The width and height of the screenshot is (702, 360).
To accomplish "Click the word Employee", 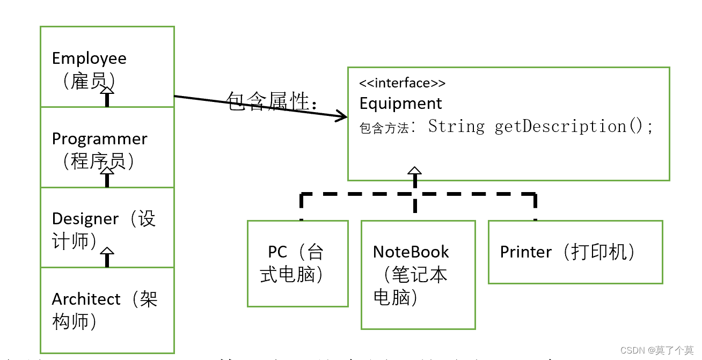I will [x=89, y=58].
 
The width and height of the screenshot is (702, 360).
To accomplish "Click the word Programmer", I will [x=99, y=138].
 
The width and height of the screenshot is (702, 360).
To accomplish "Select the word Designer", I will [x=85, y=218].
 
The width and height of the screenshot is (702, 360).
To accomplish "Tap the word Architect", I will [x=86, y=299].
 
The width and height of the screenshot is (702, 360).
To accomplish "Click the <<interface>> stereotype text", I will [x=402, y=83].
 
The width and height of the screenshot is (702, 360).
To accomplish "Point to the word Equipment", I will [x=400, y=103].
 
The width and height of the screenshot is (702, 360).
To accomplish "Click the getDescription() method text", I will [x=573, y=127].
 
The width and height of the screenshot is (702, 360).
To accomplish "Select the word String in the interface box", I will [x=456, y=127].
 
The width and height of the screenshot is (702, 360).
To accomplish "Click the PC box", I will [x=297, y=263].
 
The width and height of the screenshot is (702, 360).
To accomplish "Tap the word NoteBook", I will [x=411, y=252].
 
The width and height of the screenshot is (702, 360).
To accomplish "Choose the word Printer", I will [x=525, y=252].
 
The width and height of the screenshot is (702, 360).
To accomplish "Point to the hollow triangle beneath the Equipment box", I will [x=414, y=172].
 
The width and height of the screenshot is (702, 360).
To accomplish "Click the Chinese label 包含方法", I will [x=384, y=128].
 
